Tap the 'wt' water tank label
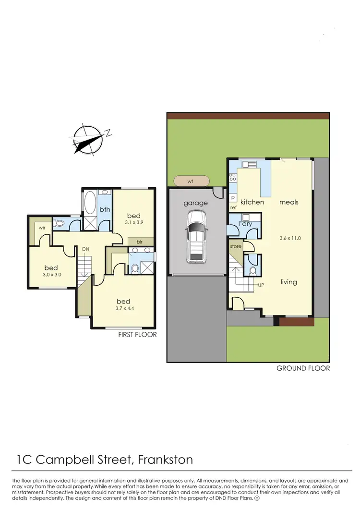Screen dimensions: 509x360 (x=191, y=181)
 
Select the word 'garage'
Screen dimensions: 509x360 (x=196, y=203)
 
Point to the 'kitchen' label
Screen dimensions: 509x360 (x=252, y=202)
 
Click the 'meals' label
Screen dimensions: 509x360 (x=289, y=202)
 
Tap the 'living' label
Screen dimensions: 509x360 (x=289, y=282)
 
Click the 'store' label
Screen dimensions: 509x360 (x=236, y=247)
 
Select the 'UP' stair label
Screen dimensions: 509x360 (x=261, y=285)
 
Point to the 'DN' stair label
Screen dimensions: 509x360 (x=86, y=249)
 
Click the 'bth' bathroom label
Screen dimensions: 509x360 (x=105, y=209)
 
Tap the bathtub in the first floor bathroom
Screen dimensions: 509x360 (x=90, y=204)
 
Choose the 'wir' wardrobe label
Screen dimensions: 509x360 (x=42, y=227)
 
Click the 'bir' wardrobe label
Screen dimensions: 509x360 (x=140, y=242)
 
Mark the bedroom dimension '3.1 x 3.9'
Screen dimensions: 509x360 (x=134, y=222)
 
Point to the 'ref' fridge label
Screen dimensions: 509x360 (x=234, y=207)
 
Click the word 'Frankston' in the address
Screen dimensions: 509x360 (x=165, y=460)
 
